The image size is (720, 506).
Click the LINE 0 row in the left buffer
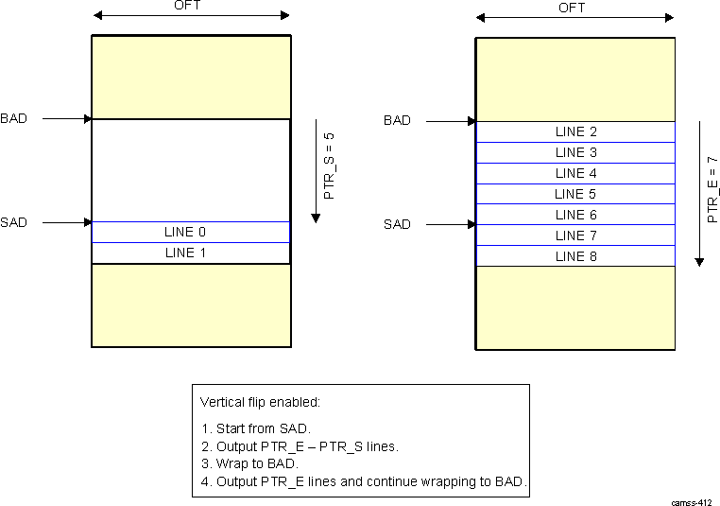pyautogui.click(x=191, y=233)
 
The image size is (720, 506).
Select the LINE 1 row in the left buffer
pyautogui.click(x=191, y=253)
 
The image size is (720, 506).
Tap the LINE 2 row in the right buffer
pyautogui.click(x=575, y=132)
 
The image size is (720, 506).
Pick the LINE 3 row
pyautogui.click(x=575, y=153)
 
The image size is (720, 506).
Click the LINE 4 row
pyautogui.click(x=575, y=174)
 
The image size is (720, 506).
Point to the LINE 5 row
pyautogui.click(x=575, y=194)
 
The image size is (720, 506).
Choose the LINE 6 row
pyautogui.click(x=575, y=215)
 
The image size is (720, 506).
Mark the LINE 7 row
pyautogui.click(x=575, y=236)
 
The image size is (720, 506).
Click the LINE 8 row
pyautogui.click(x=575, y=256)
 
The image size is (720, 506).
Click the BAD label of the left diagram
pyautogui.click(x=14, y=119)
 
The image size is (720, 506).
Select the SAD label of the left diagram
pyautogui.click(x=14, y=223)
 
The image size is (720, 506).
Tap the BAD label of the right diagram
pyautogui.click(x=397, y=121)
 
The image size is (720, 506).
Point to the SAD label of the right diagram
pyautogui.click(x=397, y=225)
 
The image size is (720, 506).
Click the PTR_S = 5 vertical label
pyautogui.click(x=330, y=166)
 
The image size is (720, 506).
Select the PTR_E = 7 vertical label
pyautogui.click(x=713, y=189)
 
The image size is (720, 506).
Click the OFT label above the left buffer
pyautogui.click(x=187, y=5)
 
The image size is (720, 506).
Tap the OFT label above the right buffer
pyautogui.click(x=572, y=8)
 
